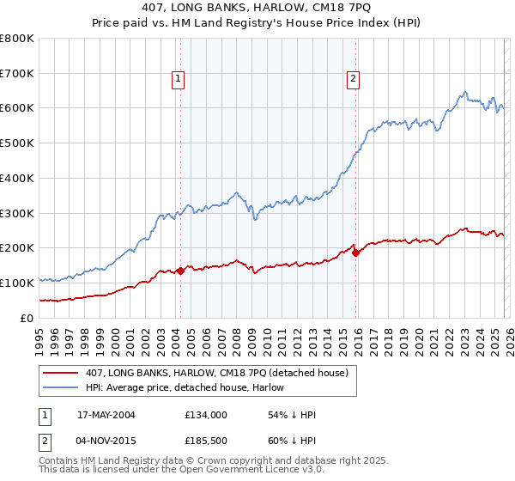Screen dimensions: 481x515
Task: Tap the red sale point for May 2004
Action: [181, 271]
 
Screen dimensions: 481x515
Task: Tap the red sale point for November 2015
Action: [356, 253]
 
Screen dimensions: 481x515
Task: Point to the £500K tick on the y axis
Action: [18, 143]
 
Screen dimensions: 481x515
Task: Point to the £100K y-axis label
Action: [18, 283]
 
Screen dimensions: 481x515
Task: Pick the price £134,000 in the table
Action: [205, 415]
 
